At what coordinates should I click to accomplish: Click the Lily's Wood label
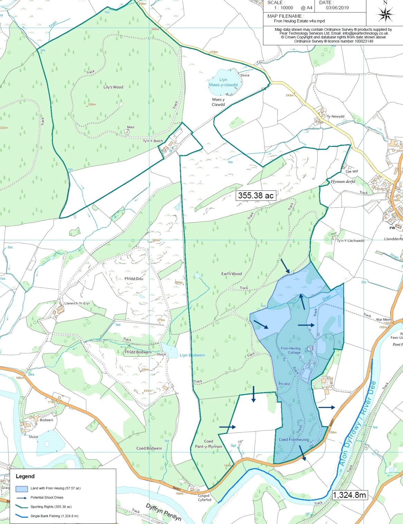click(113, 87)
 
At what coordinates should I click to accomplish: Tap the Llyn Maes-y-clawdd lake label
click(223, 82)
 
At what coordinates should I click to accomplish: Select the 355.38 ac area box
click(256, 196)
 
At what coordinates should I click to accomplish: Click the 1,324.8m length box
click(349, 495)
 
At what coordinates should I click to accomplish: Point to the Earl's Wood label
click(232, 274)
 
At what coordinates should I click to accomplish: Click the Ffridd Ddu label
click(134, 279)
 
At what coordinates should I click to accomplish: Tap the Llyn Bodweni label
click(192, 355)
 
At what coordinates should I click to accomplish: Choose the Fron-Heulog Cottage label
click(291, 350)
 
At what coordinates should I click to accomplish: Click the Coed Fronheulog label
click(294, 440)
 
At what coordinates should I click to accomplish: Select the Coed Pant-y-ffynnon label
click(208, 444)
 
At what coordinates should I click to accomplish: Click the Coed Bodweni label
click(149, 448)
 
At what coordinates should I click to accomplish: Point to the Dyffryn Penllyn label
click(163, 512)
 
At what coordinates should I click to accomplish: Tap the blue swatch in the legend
click(22, 489)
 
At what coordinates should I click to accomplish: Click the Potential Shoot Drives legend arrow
click(21, 498)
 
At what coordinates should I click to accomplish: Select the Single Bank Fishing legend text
click(54, 516)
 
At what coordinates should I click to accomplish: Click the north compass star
click(385, 15)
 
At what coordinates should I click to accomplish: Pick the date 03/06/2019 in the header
click(337, 8)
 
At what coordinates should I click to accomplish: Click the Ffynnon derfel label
click(343, 181)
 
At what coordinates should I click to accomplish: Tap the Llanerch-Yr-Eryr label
click(77, 303)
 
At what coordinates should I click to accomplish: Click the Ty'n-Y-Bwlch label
click(153, 141)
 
